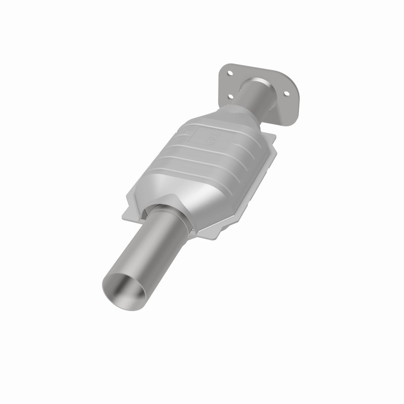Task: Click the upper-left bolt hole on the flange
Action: pyautogui.click(x=230, y=74)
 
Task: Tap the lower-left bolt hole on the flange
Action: pyautogui.click(x=230, y=96)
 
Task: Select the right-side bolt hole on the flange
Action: pyautogui.click(x=287, y=93)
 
